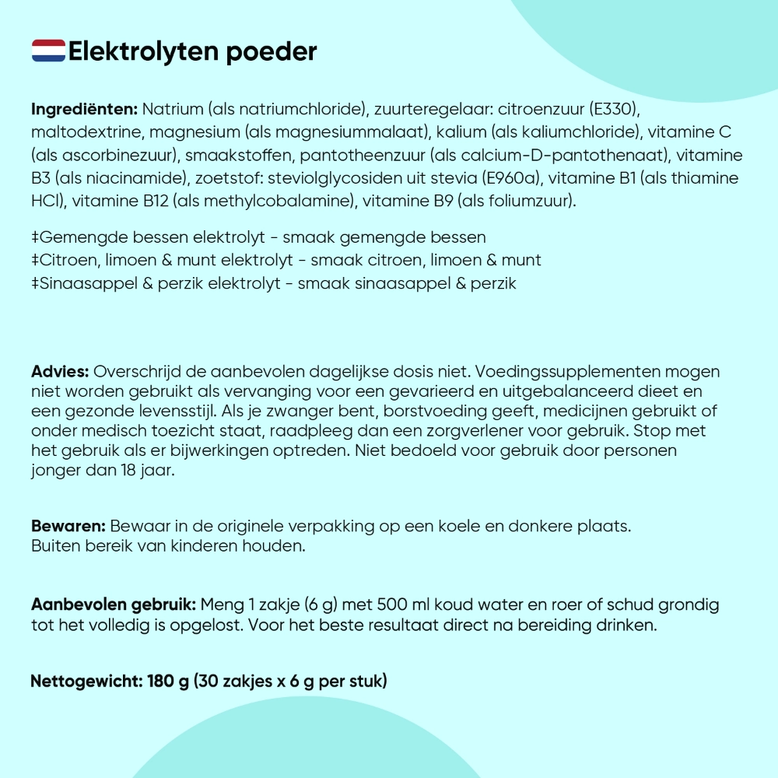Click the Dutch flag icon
[x=48, y=51]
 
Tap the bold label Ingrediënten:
[x=84, y=108]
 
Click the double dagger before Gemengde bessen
[x=35, y=237]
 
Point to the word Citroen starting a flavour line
[x=66, y=260]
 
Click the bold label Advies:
[x=60, y=371]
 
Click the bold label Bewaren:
[x=68, y=526]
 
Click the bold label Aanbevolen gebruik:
[x=114, y=605]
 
